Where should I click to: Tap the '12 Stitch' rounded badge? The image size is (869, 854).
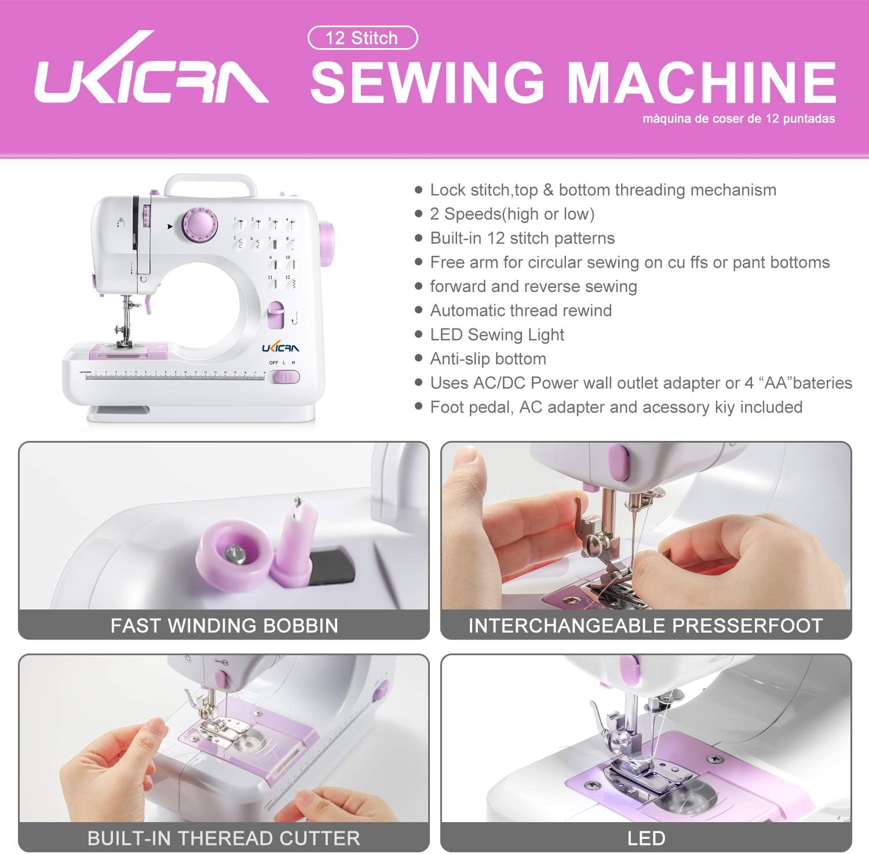(x=362, y=38)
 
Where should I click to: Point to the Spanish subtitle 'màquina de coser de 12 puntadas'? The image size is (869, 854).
(x=738, y=119)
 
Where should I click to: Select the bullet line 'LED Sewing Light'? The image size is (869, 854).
(x=496, y=335)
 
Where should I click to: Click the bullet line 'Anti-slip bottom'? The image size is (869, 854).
(x=488, y=359)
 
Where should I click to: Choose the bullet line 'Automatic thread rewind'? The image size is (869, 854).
(x=520, y=311)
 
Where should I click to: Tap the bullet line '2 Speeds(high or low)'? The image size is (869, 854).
(x=512, y=214)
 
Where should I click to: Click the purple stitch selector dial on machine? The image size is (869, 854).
(x=198, y=225)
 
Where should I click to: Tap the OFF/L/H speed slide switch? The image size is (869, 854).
(x=285, y=378)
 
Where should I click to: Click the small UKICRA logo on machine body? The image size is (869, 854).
(x=280, y=348)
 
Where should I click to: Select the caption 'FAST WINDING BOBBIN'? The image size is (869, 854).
(x=224, y=626)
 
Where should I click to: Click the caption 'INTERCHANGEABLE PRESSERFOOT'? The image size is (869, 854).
(x=645, y=626)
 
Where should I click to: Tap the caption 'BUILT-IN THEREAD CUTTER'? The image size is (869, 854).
(x=224, y=838)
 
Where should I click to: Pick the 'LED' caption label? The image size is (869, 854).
(x=645, y=838)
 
